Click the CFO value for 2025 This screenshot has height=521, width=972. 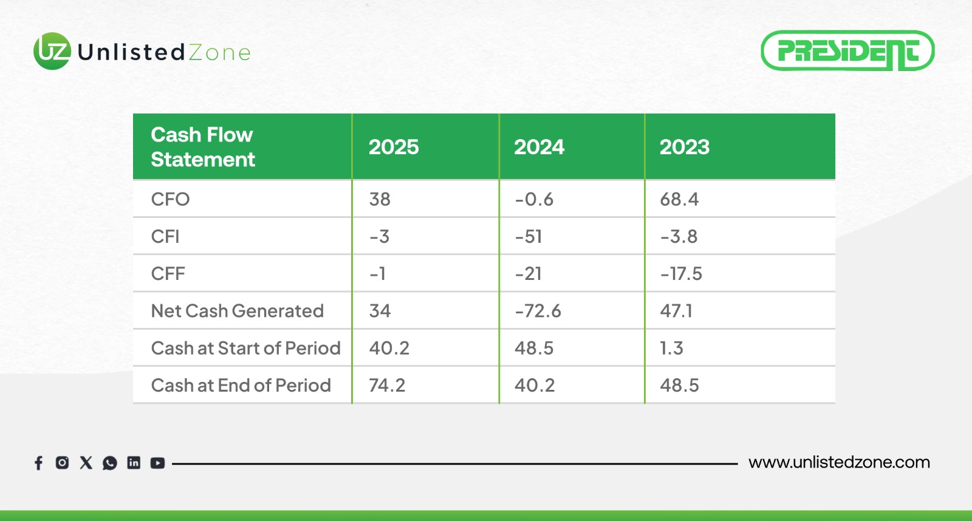[x=380, y=199]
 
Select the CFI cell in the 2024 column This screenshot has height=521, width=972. [x=529, y=236]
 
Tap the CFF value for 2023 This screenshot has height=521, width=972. [x=681, y=273]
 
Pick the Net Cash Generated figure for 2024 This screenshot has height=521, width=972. [x=538, y=311]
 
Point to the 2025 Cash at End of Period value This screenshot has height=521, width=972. [x=387, y=385]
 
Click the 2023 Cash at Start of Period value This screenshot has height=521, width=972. [x=671, y=348]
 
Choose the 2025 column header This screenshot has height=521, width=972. [x=394, y=147]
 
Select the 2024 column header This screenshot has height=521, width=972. [x=539, y=147]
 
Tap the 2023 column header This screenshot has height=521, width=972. [x=685, y=147]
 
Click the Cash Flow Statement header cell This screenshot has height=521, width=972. [x=203, y=147]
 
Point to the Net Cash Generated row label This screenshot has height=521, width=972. [x=237, y=311]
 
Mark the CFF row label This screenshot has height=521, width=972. [x=168, y=273]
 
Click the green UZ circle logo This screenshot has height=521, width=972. [x=52, y=51]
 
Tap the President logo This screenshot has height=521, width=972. [x=847, y=51]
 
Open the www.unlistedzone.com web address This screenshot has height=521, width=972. [x=839, y=462]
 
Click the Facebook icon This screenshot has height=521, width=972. [x=38, y=463]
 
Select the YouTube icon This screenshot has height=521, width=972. [x=157, y=463]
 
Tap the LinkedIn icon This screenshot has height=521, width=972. [x=134, y=463]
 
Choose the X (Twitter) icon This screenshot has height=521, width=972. [x=86, y=463]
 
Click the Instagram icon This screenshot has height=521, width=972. [x=62, y=463]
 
